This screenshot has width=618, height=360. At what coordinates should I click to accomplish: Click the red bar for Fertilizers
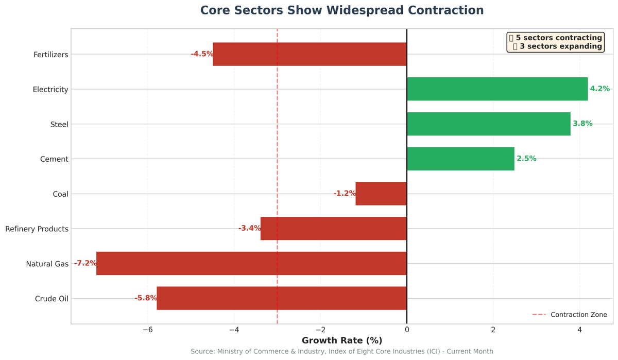[310, 54]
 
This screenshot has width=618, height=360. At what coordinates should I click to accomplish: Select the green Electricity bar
[497, 89]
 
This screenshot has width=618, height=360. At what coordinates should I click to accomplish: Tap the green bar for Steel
[488, 124]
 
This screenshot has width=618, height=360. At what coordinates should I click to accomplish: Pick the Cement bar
[460, 159]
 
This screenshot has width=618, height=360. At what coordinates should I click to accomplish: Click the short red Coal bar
[381, 194]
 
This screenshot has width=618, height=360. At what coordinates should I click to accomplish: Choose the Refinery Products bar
[333, 228]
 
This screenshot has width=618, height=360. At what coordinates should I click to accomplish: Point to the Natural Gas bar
[251, 263]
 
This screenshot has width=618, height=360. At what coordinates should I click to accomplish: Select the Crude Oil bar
[282, 298]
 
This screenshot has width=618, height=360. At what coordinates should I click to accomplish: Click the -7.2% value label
[85, 263]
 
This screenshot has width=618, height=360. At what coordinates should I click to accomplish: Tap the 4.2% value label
[599, 89]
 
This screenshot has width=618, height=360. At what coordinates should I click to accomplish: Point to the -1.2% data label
[345, 194]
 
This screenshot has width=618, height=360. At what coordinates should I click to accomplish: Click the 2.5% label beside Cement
[526, 159]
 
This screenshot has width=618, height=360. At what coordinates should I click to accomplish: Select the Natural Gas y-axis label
[47, 264]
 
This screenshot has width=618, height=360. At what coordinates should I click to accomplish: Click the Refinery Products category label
[37, 229]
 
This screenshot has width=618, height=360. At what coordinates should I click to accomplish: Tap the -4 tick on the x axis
[234, 330]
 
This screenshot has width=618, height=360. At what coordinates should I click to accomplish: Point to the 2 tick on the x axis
[493, 330]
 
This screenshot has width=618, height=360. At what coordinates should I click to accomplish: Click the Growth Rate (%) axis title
[341, 341]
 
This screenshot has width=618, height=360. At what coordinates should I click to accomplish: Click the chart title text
[341, 11]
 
